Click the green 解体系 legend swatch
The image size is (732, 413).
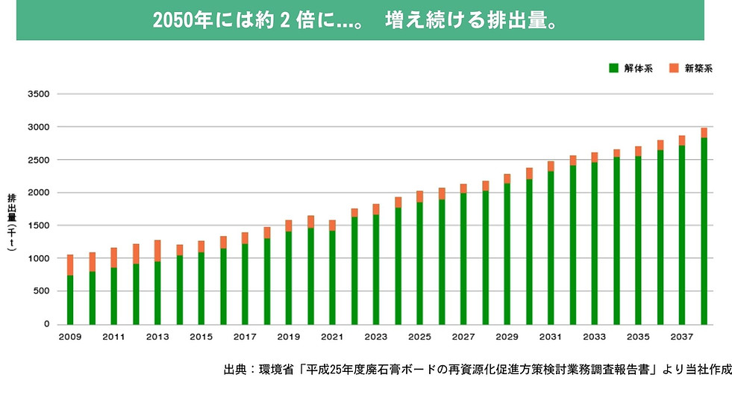point(613,68)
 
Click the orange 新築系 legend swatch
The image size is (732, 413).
point(673,68)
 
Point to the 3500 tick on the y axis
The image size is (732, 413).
point(38,94)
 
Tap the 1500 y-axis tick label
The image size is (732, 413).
point(38,226)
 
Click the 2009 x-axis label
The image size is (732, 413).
point(69,338)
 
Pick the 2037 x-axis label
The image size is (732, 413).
point(682,338)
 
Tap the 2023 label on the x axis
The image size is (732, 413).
point(376,338)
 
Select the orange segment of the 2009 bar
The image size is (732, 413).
point(70,265)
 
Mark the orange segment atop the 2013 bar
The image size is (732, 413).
point(157,250)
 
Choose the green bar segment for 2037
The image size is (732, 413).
point(682,235)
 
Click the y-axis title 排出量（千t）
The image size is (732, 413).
point(12,225)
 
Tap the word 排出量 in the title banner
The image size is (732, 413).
point(519,20)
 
